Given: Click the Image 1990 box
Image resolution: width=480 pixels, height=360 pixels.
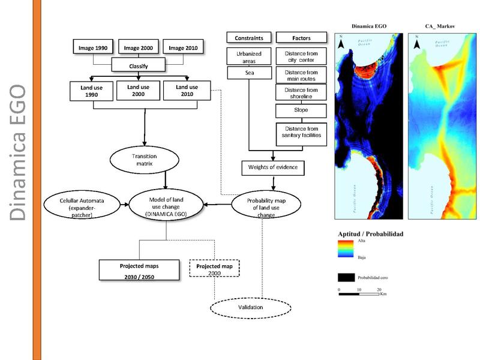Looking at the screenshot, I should [93, 47].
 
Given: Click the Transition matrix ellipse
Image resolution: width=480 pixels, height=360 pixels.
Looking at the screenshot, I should [144, 159].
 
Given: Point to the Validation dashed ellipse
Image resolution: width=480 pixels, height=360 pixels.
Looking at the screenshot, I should [250, 308].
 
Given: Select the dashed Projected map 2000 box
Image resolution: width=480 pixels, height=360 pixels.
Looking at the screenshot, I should [214, 269].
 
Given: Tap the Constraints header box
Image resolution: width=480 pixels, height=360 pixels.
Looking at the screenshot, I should [248, 38].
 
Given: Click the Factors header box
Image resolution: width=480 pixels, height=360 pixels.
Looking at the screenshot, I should [301, 38].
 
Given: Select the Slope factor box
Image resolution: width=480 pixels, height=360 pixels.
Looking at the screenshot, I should [301, 111].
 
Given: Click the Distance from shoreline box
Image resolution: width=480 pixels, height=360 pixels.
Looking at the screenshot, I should [301, 93].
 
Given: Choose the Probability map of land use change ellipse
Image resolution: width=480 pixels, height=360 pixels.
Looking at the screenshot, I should [263, 205].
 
